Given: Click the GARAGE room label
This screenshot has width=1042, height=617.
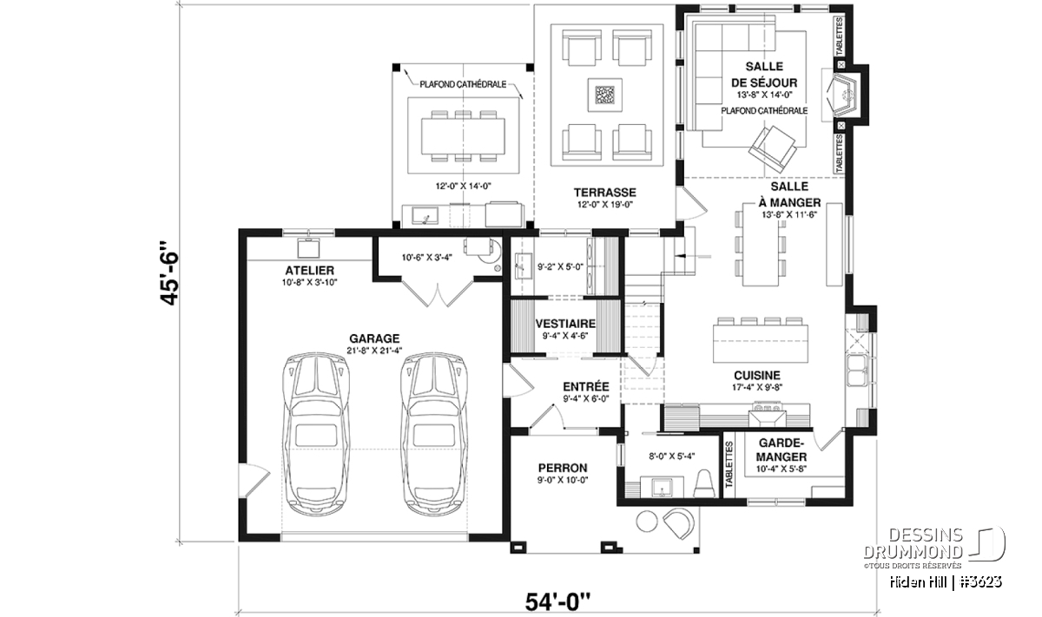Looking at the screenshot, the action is point(374,338).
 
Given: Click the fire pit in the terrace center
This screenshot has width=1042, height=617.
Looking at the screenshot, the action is point(604,95).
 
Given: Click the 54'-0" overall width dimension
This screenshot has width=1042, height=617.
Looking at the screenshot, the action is point(557,602).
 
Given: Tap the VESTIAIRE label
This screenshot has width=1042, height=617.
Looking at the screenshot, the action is point(565,324).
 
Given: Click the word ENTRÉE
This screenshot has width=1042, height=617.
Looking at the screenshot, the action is point(585,387).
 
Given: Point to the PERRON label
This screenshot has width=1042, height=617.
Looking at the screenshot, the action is point(563,468).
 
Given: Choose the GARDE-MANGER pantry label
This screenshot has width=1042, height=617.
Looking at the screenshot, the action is point(781,450).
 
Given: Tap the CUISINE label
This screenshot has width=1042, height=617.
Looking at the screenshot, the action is point(757,375).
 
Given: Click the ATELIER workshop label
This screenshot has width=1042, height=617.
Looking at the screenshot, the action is point(309,270).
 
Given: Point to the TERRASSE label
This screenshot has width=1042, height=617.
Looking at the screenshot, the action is point(604,192).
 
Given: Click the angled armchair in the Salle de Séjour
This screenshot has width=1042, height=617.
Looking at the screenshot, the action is point(773,149).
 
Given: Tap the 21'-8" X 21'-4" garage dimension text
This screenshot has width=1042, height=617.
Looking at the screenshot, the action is point(374,351).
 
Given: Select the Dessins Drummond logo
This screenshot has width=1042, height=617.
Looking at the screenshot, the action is point(935,548).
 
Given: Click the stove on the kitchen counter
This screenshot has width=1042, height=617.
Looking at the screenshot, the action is point(767,415).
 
